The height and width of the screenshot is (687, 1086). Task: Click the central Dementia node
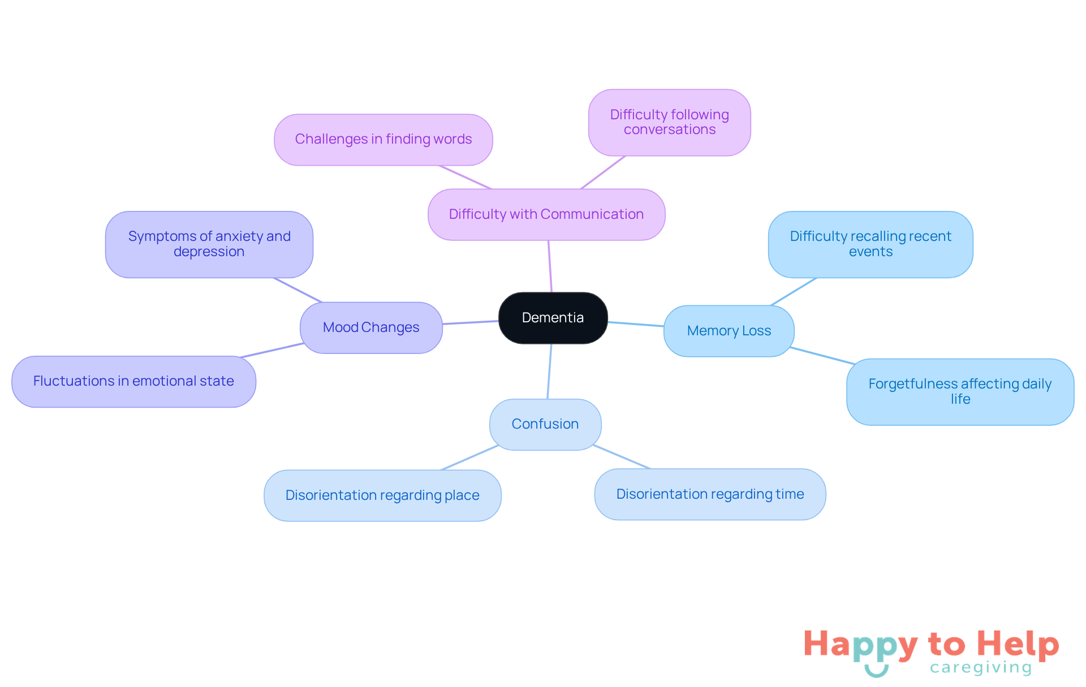point(553,318)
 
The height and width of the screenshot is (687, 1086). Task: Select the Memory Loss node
point(729,331)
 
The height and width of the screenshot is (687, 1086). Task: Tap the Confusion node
point(545,424)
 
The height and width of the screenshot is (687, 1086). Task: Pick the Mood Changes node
point(371,327)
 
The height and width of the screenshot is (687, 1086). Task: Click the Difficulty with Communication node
point(546,214)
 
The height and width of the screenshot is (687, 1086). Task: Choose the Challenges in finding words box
point(383,139)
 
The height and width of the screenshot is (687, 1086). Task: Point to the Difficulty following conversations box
point(669,122)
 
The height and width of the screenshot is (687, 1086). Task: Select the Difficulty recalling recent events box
point(870,244)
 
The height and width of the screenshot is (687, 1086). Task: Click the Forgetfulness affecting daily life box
point(959,391)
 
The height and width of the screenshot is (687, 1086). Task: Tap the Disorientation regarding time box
point(710,494)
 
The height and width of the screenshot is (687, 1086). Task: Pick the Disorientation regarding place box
point(382,495)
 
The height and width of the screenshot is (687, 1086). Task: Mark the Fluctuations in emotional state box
point(133,381)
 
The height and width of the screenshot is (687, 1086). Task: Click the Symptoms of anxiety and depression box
point(209,244)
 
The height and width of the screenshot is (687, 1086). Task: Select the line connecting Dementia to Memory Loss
point(636,324)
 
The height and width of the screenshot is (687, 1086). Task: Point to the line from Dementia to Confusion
point(549,371)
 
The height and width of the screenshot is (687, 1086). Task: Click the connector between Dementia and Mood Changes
point(470,322)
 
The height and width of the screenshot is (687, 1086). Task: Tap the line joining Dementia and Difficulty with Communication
point(550,266)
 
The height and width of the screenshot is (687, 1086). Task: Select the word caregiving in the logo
point(981,668)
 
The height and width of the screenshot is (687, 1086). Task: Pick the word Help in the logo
point(1018,645)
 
